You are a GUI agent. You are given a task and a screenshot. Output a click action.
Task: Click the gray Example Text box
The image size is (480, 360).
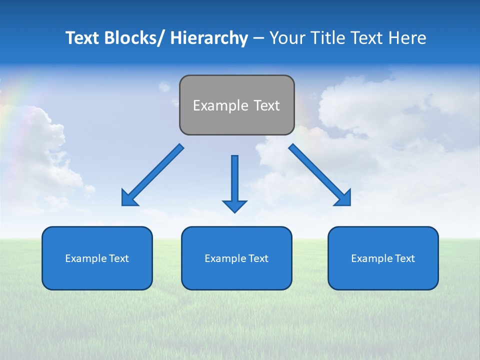236,105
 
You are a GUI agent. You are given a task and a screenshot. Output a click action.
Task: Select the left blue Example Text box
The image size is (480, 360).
97,258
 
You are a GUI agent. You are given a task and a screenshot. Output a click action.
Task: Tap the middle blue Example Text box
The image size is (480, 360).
236,258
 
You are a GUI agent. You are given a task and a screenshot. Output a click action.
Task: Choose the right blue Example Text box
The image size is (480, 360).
383,258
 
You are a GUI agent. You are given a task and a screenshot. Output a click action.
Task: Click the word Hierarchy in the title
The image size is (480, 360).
209,38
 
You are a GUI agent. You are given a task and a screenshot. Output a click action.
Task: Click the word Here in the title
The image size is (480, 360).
407,38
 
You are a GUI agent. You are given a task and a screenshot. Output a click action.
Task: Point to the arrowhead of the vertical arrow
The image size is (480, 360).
234,206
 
